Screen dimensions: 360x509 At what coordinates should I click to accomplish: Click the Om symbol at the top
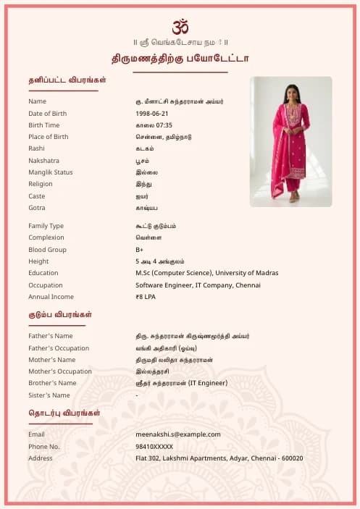(180, 27)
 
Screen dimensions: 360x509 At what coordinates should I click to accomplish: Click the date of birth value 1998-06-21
(152, 114)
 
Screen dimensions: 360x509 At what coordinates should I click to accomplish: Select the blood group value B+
(140, 250)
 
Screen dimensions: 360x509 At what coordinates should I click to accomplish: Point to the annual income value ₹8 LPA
(146, 297)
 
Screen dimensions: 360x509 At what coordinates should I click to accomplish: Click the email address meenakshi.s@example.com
(177, 434)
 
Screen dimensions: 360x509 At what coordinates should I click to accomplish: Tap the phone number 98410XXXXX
(154, 447)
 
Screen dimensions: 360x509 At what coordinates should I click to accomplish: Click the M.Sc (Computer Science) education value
(206, 273)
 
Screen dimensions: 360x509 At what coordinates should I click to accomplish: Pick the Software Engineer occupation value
(198, 285)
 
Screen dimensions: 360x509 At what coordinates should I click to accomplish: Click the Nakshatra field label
(43, 161)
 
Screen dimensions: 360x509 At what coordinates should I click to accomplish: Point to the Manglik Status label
(51, 172)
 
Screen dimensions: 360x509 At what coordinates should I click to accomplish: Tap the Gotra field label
(37, 208)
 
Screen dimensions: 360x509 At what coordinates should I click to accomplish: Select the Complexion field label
(46, 237)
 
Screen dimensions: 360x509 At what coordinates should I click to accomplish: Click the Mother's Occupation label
(60, 371)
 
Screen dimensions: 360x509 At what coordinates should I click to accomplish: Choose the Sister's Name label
(49, 395)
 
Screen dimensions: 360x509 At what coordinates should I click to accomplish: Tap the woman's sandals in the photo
(293, 197)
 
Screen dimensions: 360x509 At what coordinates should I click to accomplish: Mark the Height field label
(38, 261)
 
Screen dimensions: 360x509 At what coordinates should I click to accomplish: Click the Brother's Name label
(52, 383)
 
